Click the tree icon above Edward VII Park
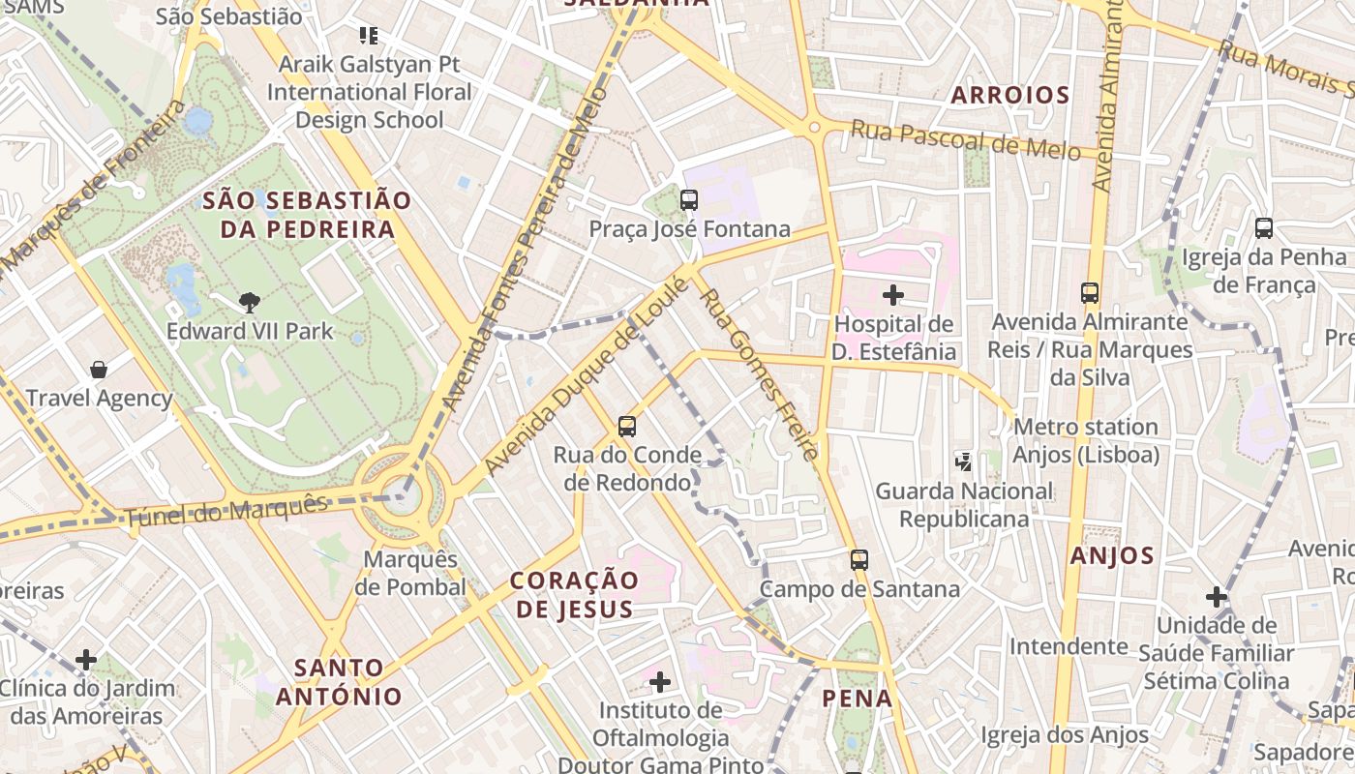pyautogui.click(x=250, y=302)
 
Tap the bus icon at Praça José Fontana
pyautogui.click(x=689, y=200)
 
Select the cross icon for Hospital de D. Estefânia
pyautogui.click(x=893, y=294)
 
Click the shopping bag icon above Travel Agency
pyautogui.click(x=99, y=369)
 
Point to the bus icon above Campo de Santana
pyautogui.click(x=858, y=559)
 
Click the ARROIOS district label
pyautogui.click(x=1009, y=95)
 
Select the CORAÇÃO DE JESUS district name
pyautogui.click(x=574, y=594)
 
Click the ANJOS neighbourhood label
pyautogui.click(x=1112, y=555)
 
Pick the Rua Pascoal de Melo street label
pyautogui.click(x=965, y=140)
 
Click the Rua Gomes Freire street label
pyautogui.click(x=761, y=373)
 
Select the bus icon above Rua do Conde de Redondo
pyautogui.click(x=627, y=426)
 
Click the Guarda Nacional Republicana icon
pyautogui.click(x=963, y=461)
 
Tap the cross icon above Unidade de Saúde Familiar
pyautogui.click(x=1217, y=596)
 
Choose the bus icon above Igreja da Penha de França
pyautogui.click(x=1263, y=228)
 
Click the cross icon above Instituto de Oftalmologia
pyautogui.click(x=660, y=682)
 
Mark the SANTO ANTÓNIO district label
pyautogui.click(x=338, y=682)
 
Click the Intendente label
pyautogui.click(x=1069, y=645)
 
